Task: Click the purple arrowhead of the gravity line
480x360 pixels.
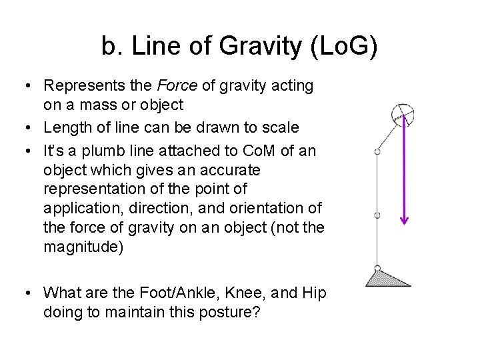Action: coord(404,219)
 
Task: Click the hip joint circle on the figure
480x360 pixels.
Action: coord(377,153)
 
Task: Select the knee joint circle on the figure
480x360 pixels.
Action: coord(377,216)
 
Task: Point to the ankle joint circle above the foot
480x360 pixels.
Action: coord(377,269)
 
